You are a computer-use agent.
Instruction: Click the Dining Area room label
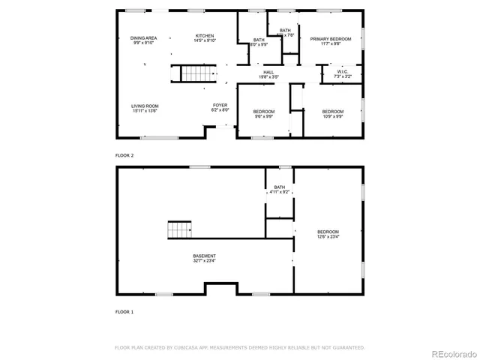[144, 37]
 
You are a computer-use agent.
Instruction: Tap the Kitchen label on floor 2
[205, 35]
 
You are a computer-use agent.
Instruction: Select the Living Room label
[145, 106]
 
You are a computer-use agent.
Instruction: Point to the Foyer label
[220, 105]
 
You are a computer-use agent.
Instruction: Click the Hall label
[268, 72]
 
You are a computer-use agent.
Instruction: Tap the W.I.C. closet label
[341, 72]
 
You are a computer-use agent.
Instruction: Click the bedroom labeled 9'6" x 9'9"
[263, 112]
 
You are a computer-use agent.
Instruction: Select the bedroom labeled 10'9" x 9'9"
[333, 112]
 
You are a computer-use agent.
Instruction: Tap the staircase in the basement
[179, 230]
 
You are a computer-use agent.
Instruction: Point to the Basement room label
[204, 256]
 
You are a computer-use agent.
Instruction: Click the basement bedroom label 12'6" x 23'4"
[328, 232]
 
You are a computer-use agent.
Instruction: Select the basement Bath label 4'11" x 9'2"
[279, 187]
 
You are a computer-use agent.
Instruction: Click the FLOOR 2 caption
[124, 155]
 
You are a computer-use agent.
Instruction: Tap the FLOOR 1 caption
[124, 310]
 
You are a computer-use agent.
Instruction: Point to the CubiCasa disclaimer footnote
[239, 347]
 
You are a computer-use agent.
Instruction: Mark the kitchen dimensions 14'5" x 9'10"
[205, 42]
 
